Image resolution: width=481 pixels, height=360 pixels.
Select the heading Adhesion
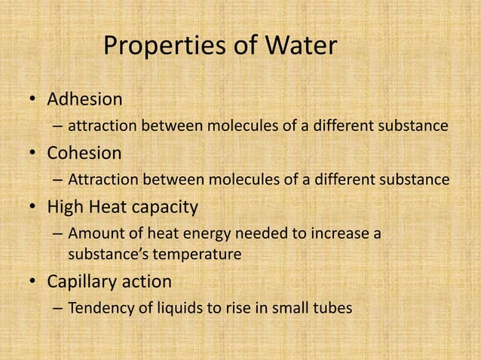pos(84,99)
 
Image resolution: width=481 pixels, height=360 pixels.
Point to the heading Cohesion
pos(84,153)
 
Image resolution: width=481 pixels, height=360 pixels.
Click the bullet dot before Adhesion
pos(33,100)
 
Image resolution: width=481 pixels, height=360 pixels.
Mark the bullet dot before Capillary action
pos(33,282)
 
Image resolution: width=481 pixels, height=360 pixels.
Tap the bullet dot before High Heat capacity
pos(33,207)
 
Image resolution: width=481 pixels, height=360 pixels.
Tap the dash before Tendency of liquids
pos(58,309)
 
